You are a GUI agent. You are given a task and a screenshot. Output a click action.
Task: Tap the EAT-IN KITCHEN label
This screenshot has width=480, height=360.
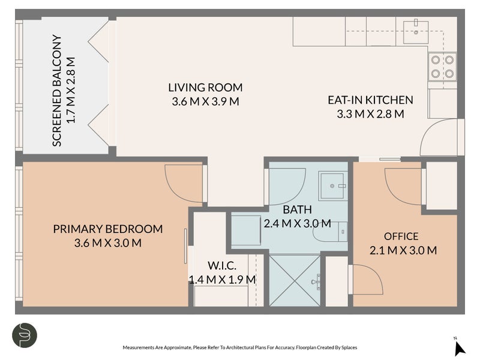(370, 100)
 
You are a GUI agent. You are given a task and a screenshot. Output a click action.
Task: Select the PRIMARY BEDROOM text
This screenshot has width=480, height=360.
(108, 229)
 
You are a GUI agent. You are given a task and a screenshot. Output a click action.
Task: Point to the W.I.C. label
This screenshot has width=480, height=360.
(222, 266)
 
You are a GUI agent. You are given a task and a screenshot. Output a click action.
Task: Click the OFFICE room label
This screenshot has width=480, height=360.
(401, 236)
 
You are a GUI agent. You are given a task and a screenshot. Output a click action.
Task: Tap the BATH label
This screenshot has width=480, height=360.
(297, 210)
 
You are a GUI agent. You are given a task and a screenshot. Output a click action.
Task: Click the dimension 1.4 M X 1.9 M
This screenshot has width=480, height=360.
(222, 280)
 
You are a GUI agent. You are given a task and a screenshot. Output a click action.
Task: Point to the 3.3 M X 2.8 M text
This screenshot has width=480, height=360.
(370, 113)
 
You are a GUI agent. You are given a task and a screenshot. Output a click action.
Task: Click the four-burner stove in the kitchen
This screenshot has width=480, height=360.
(443, 67)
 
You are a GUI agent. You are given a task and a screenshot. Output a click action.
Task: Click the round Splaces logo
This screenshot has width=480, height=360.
(25, 335)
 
